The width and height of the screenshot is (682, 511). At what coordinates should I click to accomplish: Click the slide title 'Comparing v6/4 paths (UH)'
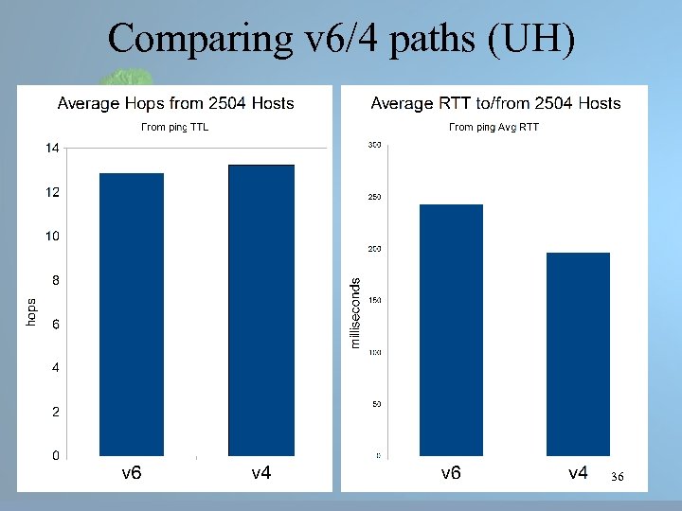(x=341, y=40)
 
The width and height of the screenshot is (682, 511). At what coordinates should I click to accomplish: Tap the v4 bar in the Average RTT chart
(x=578, y=354)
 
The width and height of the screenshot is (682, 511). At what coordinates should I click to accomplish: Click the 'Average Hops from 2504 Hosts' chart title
(x=176, y=103)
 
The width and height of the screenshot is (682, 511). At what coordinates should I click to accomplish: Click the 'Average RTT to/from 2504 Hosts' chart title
(x=495, y=103)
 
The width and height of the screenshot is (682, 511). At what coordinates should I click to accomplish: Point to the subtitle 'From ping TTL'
(x=175, y=127)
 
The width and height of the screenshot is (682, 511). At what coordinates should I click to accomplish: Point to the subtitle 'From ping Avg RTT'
(x=494, y=127)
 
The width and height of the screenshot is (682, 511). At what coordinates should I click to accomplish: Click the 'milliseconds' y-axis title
(x=355, y=312)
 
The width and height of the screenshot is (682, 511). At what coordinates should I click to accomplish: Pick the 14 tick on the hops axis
(x=52, y=148)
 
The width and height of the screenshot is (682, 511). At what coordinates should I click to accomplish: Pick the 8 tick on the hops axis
(x=55, y=280)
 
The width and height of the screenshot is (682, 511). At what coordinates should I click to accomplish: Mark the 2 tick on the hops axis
(x=55, y=412)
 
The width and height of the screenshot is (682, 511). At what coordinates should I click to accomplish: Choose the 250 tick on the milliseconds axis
(x=374, y=197)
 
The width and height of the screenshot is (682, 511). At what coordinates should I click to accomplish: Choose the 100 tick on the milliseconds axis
(x=374, y=352)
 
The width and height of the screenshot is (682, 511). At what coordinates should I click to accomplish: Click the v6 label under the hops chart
(x=132, y=472)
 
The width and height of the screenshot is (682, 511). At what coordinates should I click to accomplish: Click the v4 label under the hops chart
(x=261, y=472)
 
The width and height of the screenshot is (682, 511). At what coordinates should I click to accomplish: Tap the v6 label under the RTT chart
(x=451, y=472)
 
